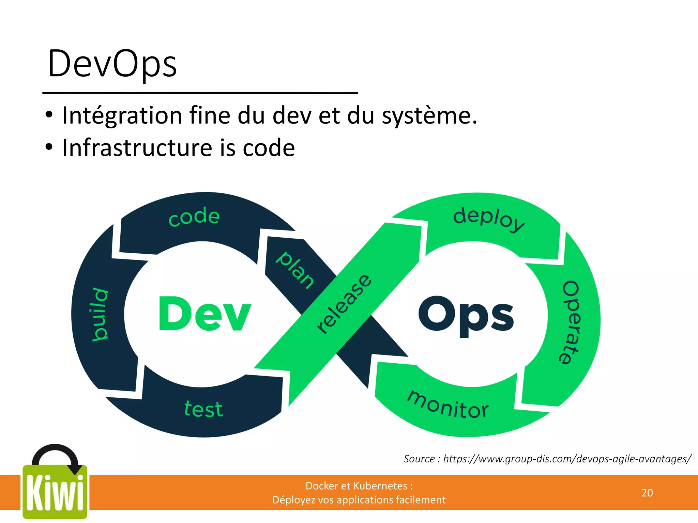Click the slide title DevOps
[112, 64]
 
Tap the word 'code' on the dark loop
[194, 217]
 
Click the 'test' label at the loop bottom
[203, 409]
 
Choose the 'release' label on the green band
[344, 304]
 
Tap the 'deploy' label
[489, 219]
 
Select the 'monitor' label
[448, 405]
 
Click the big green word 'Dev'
[204, 314]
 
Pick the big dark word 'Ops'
[466, 316]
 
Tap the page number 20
[647, 493]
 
